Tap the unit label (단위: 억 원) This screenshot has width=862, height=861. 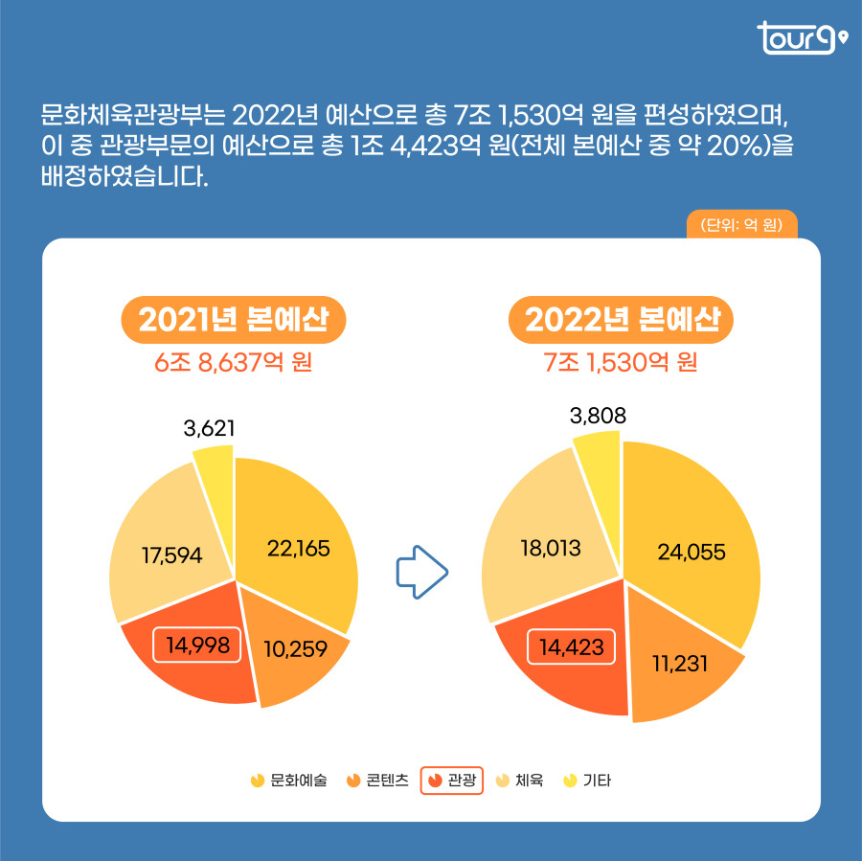coord(742,226)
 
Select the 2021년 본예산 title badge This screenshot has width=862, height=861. coord(233,319)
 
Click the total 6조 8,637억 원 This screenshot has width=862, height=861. coord(234,364)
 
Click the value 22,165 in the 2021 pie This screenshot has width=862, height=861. coord(297,549)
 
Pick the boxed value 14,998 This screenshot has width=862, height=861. coord(197,645)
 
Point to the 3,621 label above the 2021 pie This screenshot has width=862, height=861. coord(210,428)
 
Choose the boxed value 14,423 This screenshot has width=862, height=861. coord(571,647)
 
